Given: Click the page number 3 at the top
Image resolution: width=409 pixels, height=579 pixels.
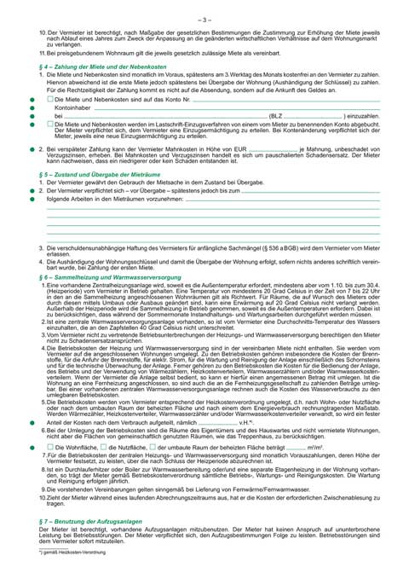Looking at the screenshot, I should click(204, 17).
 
